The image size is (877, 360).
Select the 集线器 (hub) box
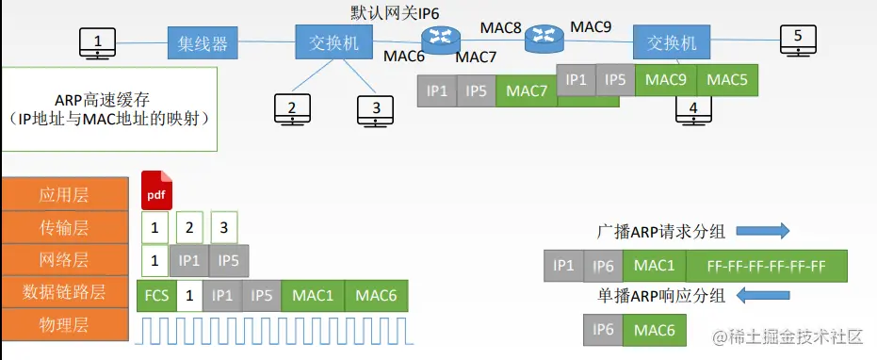(203, 42)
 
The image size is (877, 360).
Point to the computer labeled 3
(376, 109)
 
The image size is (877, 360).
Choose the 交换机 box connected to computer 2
(333, 42)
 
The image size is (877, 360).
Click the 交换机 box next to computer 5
(671, 42)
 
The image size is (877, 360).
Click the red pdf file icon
(157, 191)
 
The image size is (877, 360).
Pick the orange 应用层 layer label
(65, 195)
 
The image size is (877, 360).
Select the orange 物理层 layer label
(65, 325)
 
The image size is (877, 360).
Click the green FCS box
(156, 295)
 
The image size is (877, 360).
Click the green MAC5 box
(728, 80)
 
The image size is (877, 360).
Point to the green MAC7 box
(527, 91)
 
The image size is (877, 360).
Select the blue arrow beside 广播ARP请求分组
(761, 232)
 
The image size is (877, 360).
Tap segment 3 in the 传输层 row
(224, 227)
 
